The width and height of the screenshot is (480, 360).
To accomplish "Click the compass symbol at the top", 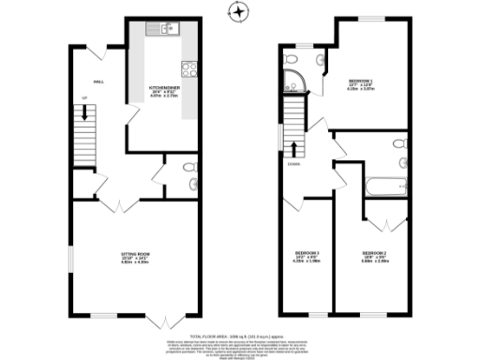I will [240, 11].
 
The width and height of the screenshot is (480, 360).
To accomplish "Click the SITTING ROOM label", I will [138, 257].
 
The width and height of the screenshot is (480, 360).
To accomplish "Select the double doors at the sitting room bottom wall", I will [161, 320].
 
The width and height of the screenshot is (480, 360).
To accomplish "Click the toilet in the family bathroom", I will [399, 143].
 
